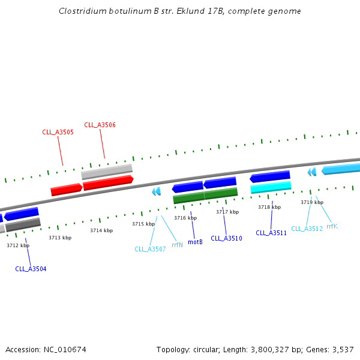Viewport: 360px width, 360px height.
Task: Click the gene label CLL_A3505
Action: (x=58, y=132)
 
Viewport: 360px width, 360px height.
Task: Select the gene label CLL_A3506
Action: (x=100, y=125)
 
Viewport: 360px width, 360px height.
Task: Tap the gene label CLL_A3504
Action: (x=31, y=269)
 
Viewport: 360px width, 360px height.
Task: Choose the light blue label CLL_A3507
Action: (x=150, y=249)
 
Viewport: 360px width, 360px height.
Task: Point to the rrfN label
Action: (x=177, y=245)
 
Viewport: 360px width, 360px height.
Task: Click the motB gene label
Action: (x=195, y=242)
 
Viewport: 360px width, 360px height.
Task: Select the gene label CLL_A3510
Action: (x=226, y=238)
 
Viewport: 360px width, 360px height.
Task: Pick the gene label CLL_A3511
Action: (x=271, y=233)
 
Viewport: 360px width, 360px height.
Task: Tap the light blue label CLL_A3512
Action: (x=307, y=229)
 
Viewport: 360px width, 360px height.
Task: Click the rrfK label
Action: (x=332, y=226)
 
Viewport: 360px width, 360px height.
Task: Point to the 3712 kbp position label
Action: (x=18, y=245)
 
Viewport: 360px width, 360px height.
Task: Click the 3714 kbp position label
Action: (x=101, y=230)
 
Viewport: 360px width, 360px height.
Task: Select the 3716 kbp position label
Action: (x=185, y=218)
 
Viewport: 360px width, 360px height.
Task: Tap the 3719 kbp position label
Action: (x=312, y=202)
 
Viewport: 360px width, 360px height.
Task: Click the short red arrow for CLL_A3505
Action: (x=66, y=190)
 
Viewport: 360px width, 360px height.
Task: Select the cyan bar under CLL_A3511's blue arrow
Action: (x=271, y=188)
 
